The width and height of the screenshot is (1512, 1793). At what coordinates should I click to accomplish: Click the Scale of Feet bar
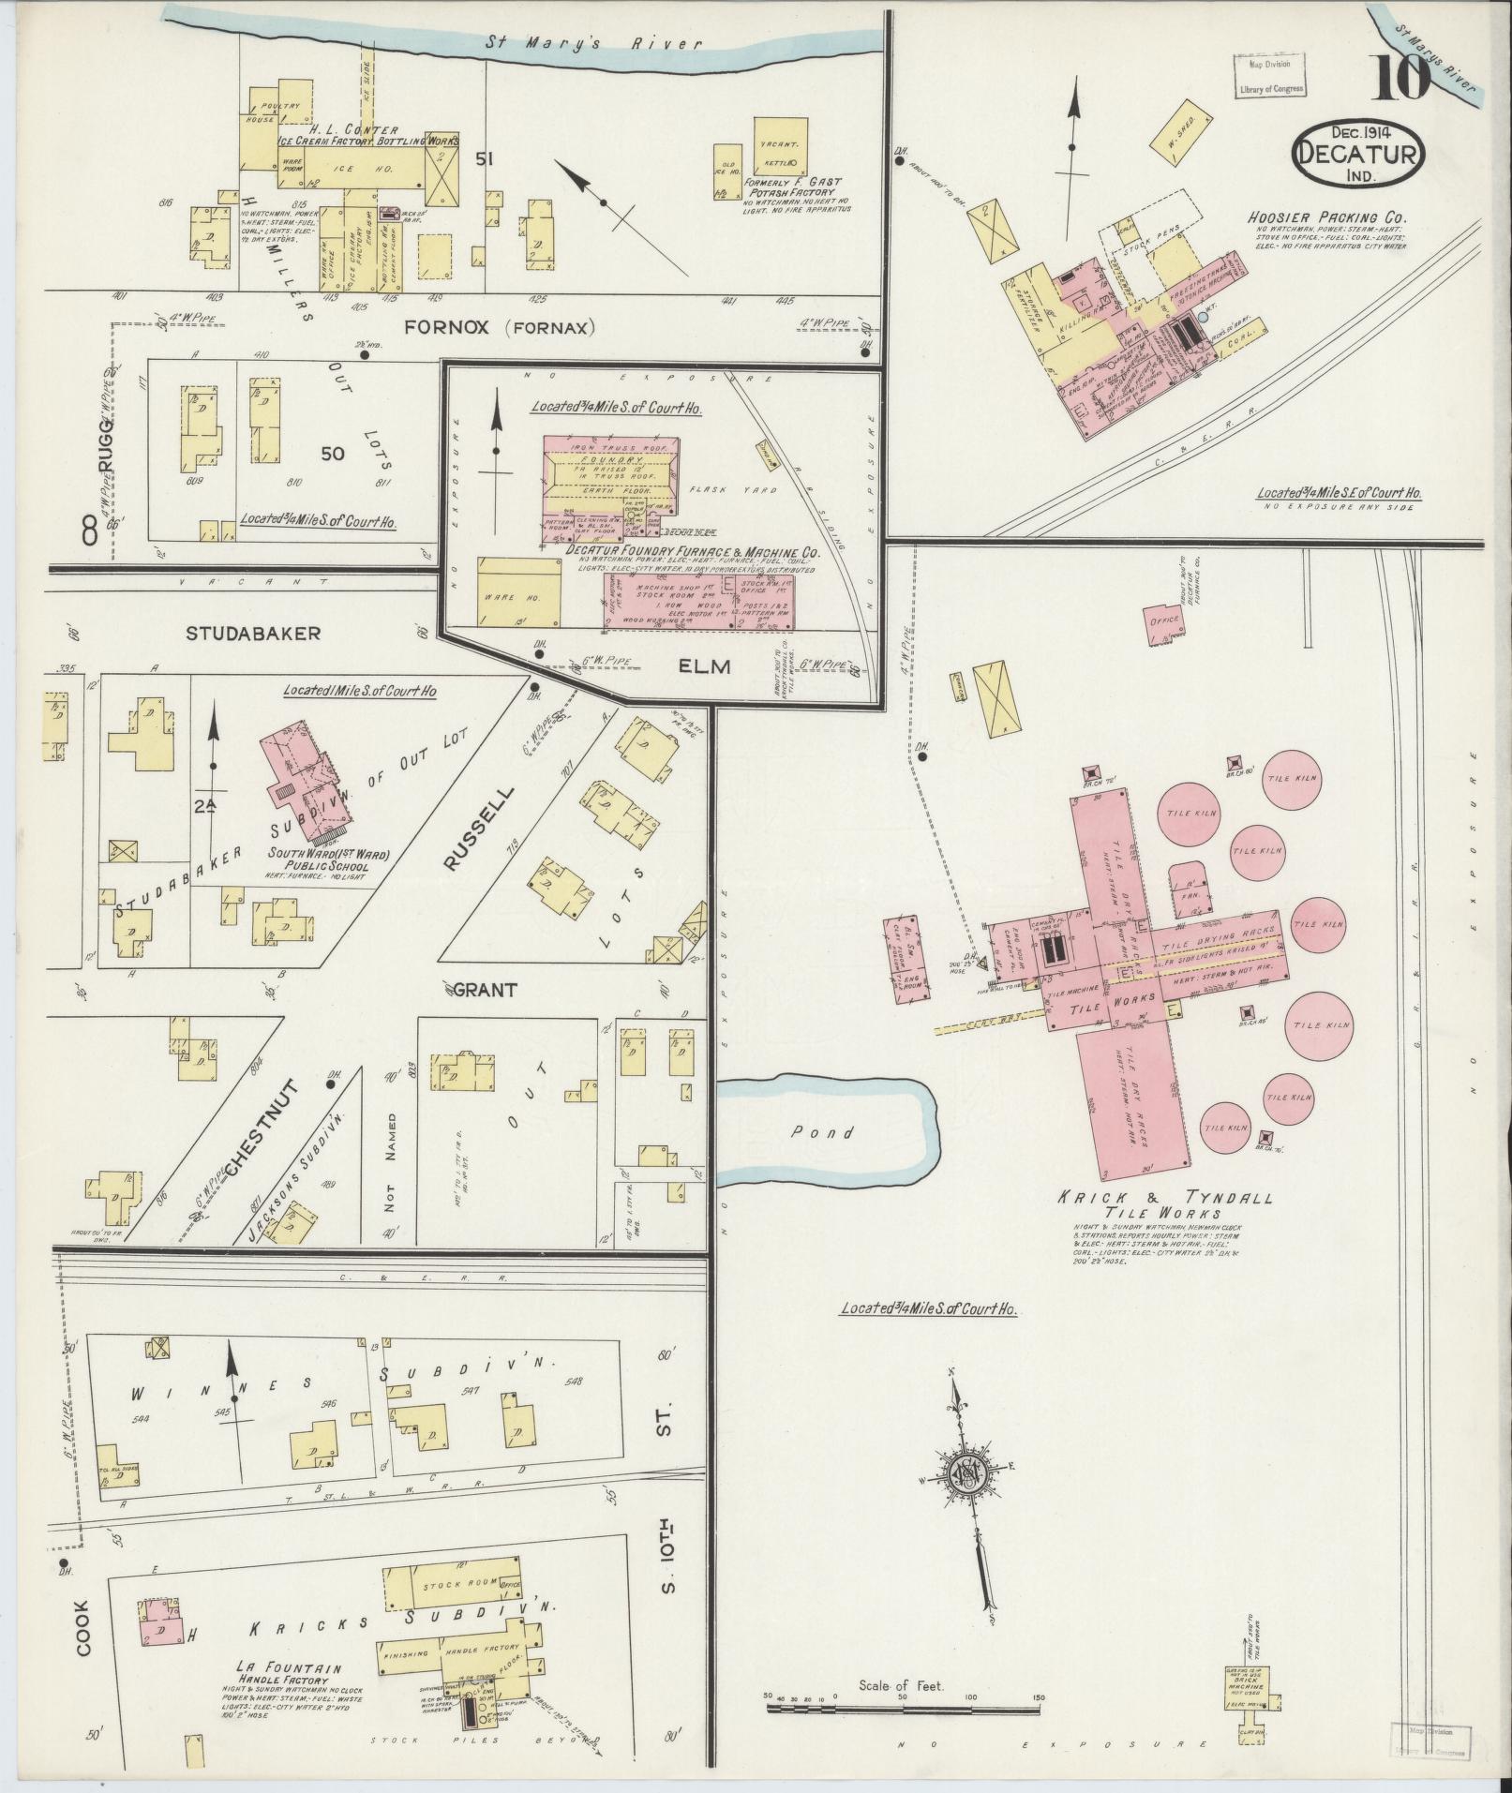click(x=905, y=1709)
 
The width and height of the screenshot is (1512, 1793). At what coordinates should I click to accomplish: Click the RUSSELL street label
click(x=478, y=829)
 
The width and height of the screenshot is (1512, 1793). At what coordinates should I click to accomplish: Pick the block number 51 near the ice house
click(x=484, y=160)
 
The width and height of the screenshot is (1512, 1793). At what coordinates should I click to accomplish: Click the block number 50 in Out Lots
click(x=333, y=454)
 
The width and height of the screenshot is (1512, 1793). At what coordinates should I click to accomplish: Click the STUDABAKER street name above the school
click(x=253, y=634)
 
